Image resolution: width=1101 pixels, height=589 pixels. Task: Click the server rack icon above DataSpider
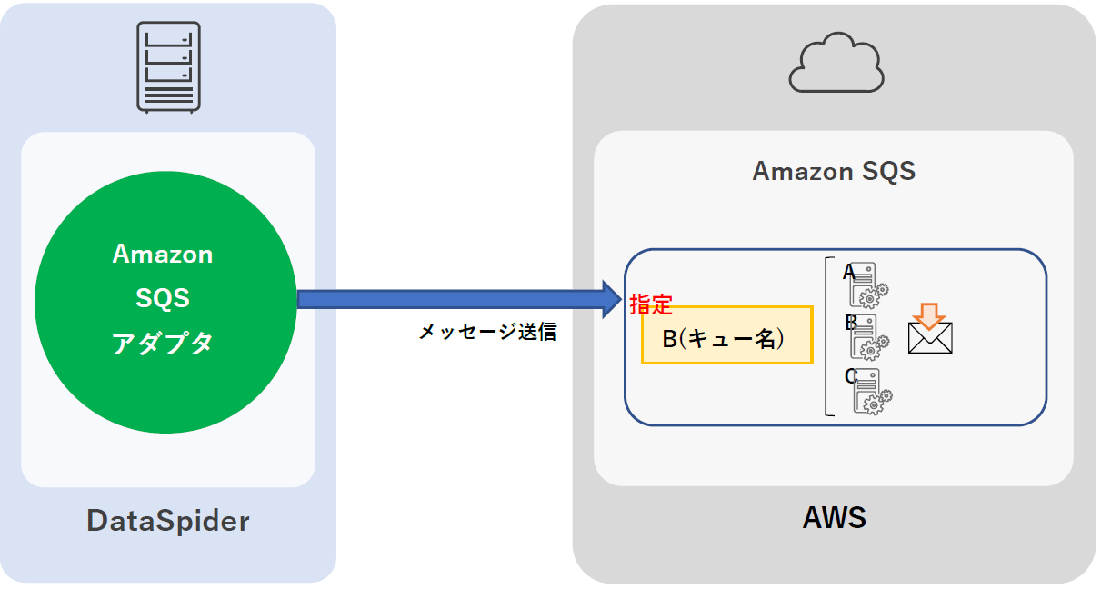click(x=168, y=66)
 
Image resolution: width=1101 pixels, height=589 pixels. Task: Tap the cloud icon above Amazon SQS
click(x=836, y=63)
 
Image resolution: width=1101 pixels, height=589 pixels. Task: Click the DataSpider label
click(x=168, y=521)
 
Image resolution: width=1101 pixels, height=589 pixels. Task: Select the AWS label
click(x=834, y=518)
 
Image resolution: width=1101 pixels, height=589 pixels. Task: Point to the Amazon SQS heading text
click(x=834, y=171)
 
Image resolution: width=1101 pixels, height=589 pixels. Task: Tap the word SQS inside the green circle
click(x=163, y=298)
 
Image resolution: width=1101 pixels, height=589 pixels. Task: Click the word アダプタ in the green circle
click(x=163, y=343)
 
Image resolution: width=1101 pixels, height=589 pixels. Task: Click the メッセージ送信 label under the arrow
click(x=487, y=333)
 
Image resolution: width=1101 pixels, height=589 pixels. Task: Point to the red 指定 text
click(x=650, y=304)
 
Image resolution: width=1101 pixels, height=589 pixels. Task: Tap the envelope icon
click(x=930, y=337)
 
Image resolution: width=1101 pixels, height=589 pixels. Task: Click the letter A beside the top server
click(x=848, y=271)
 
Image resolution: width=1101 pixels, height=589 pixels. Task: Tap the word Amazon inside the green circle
click(x=163, y=255)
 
